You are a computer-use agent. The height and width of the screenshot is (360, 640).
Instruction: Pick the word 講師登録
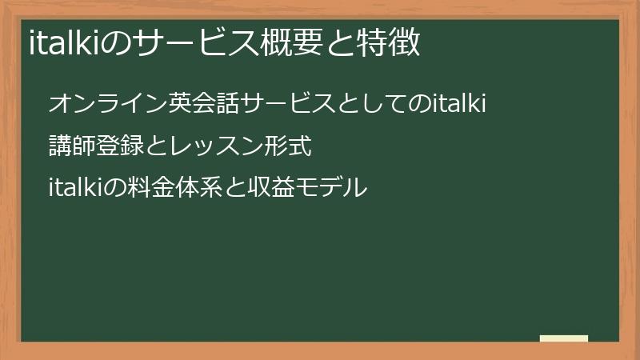point(96,146)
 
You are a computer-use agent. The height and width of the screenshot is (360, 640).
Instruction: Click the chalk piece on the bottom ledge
point(564,338)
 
